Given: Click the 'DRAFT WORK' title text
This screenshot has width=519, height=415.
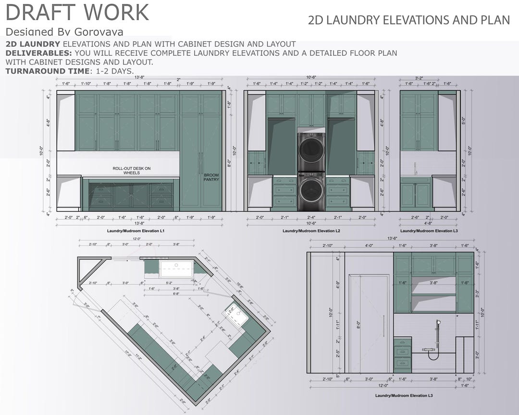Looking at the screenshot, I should click(77, 12).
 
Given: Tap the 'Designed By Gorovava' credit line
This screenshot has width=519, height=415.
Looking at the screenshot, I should click(64, 32).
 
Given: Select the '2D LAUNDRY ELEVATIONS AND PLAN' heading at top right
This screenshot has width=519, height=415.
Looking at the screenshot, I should click(408, 20).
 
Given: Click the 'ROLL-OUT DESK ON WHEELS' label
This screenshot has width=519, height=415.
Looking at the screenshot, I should click(131, 171).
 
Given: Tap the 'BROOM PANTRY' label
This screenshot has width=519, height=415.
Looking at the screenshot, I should click(211, 177).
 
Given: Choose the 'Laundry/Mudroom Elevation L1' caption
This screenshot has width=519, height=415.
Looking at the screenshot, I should click(136, 231).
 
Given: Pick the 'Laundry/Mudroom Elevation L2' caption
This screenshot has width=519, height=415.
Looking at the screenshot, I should click(311, 231).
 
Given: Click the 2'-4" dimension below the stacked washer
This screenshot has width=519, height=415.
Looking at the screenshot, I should click(311, 217).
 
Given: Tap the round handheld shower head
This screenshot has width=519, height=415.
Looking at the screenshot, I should click(438, 322).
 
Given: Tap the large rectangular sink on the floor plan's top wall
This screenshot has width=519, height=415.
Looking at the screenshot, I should click(176, 268).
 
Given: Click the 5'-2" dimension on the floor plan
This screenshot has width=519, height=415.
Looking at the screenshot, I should click(169, 283).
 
